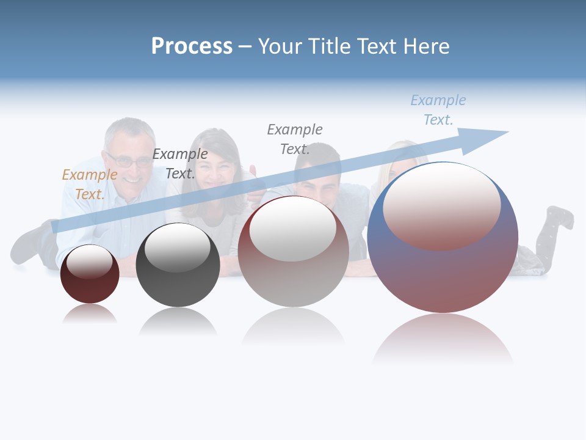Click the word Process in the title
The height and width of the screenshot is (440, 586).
192,46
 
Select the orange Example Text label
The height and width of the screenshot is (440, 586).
90,185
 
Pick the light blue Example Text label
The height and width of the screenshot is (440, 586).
438,110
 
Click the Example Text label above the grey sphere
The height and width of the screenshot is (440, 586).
295,139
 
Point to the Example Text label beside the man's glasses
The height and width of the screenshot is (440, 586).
180,164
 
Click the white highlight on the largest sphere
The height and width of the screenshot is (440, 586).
442,205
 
